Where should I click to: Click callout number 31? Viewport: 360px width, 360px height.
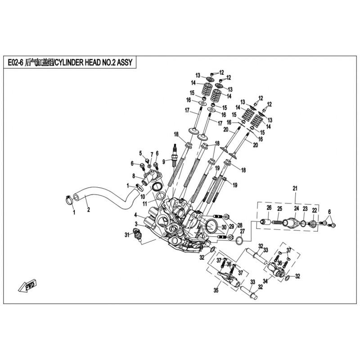point(127,234)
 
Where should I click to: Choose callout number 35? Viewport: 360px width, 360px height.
point(216,291)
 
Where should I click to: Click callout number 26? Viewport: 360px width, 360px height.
point(269,207)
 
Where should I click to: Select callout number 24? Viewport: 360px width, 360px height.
point(297,208)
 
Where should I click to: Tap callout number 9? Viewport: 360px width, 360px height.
point(165,161)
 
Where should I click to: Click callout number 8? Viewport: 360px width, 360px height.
point(133,175)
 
